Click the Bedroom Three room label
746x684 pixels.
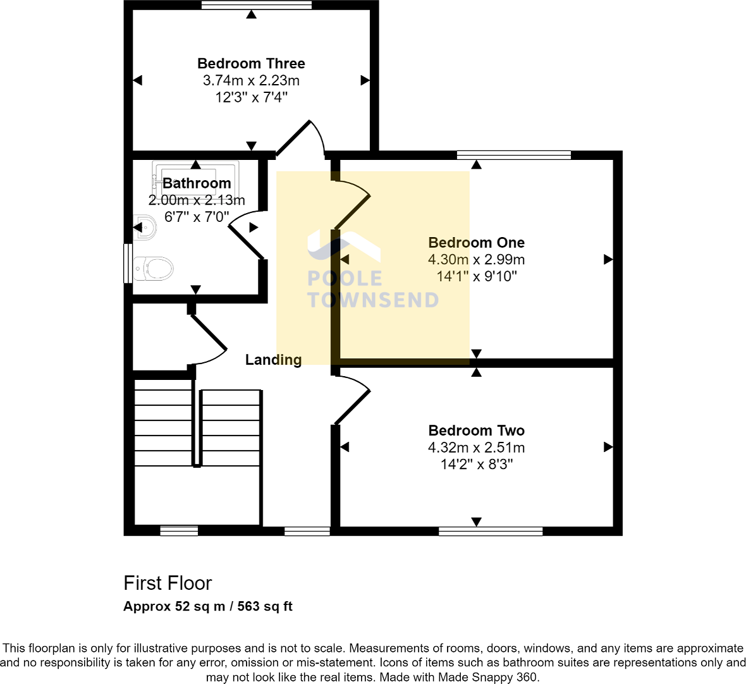pyautogui.click(x=251, y=63)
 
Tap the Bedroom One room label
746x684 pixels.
pyautogui.click(x=476, y=243)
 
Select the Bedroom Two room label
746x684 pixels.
pyautogui.click(x=476, y=431)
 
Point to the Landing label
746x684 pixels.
pyautogui.click(x=273, y=360)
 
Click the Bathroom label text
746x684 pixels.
pyautogui.click(x=197, y=183)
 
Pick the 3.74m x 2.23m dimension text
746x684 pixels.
pyautogui.click(x=251, y=80)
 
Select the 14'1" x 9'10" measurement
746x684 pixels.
pyautogui.click(x=476, y=276)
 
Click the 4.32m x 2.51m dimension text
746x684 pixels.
pyautogui.click(x=476, y=448)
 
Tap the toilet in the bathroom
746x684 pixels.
pyautogui.click(x=152, y=269)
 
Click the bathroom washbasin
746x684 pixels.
pyautogui.click(x=145, y=227)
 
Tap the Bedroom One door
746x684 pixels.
pyautogui.click(x=352, y=204)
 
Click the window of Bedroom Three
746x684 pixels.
pyautogui.click(x=257, y=5)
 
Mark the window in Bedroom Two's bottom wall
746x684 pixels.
pyautogui.click(x=491, y=531)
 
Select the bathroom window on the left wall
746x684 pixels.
pyautogui.click(x=128, y=262)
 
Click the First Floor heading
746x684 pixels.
pyautogui.click(x=168, y=583)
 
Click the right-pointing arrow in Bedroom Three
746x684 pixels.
pyautogui.click(x=365, y=80)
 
